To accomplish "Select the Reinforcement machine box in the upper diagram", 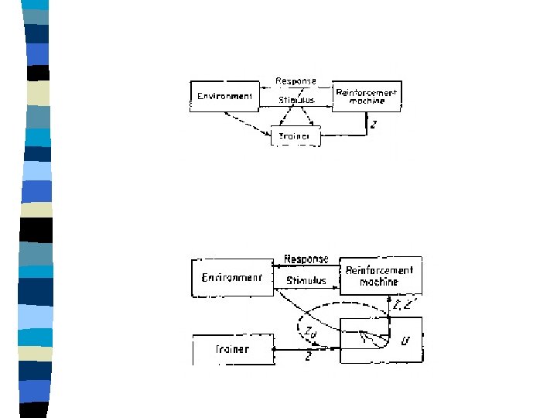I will tap(366, 97).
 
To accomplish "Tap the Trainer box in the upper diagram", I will tap(295, 136).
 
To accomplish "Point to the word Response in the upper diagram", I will tap(296, 81).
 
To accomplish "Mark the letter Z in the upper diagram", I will tap(374, 124).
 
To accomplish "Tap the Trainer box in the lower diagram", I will tap(232, 349).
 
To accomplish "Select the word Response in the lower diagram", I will tap(306, 259).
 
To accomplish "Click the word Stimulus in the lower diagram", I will tap(306, 280).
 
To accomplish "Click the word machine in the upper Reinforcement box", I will tap(366, 101).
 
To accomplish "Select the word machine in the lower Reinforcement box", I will tap(379, 282).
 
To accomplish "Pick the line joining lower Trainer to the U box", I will tap(306, 349).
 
